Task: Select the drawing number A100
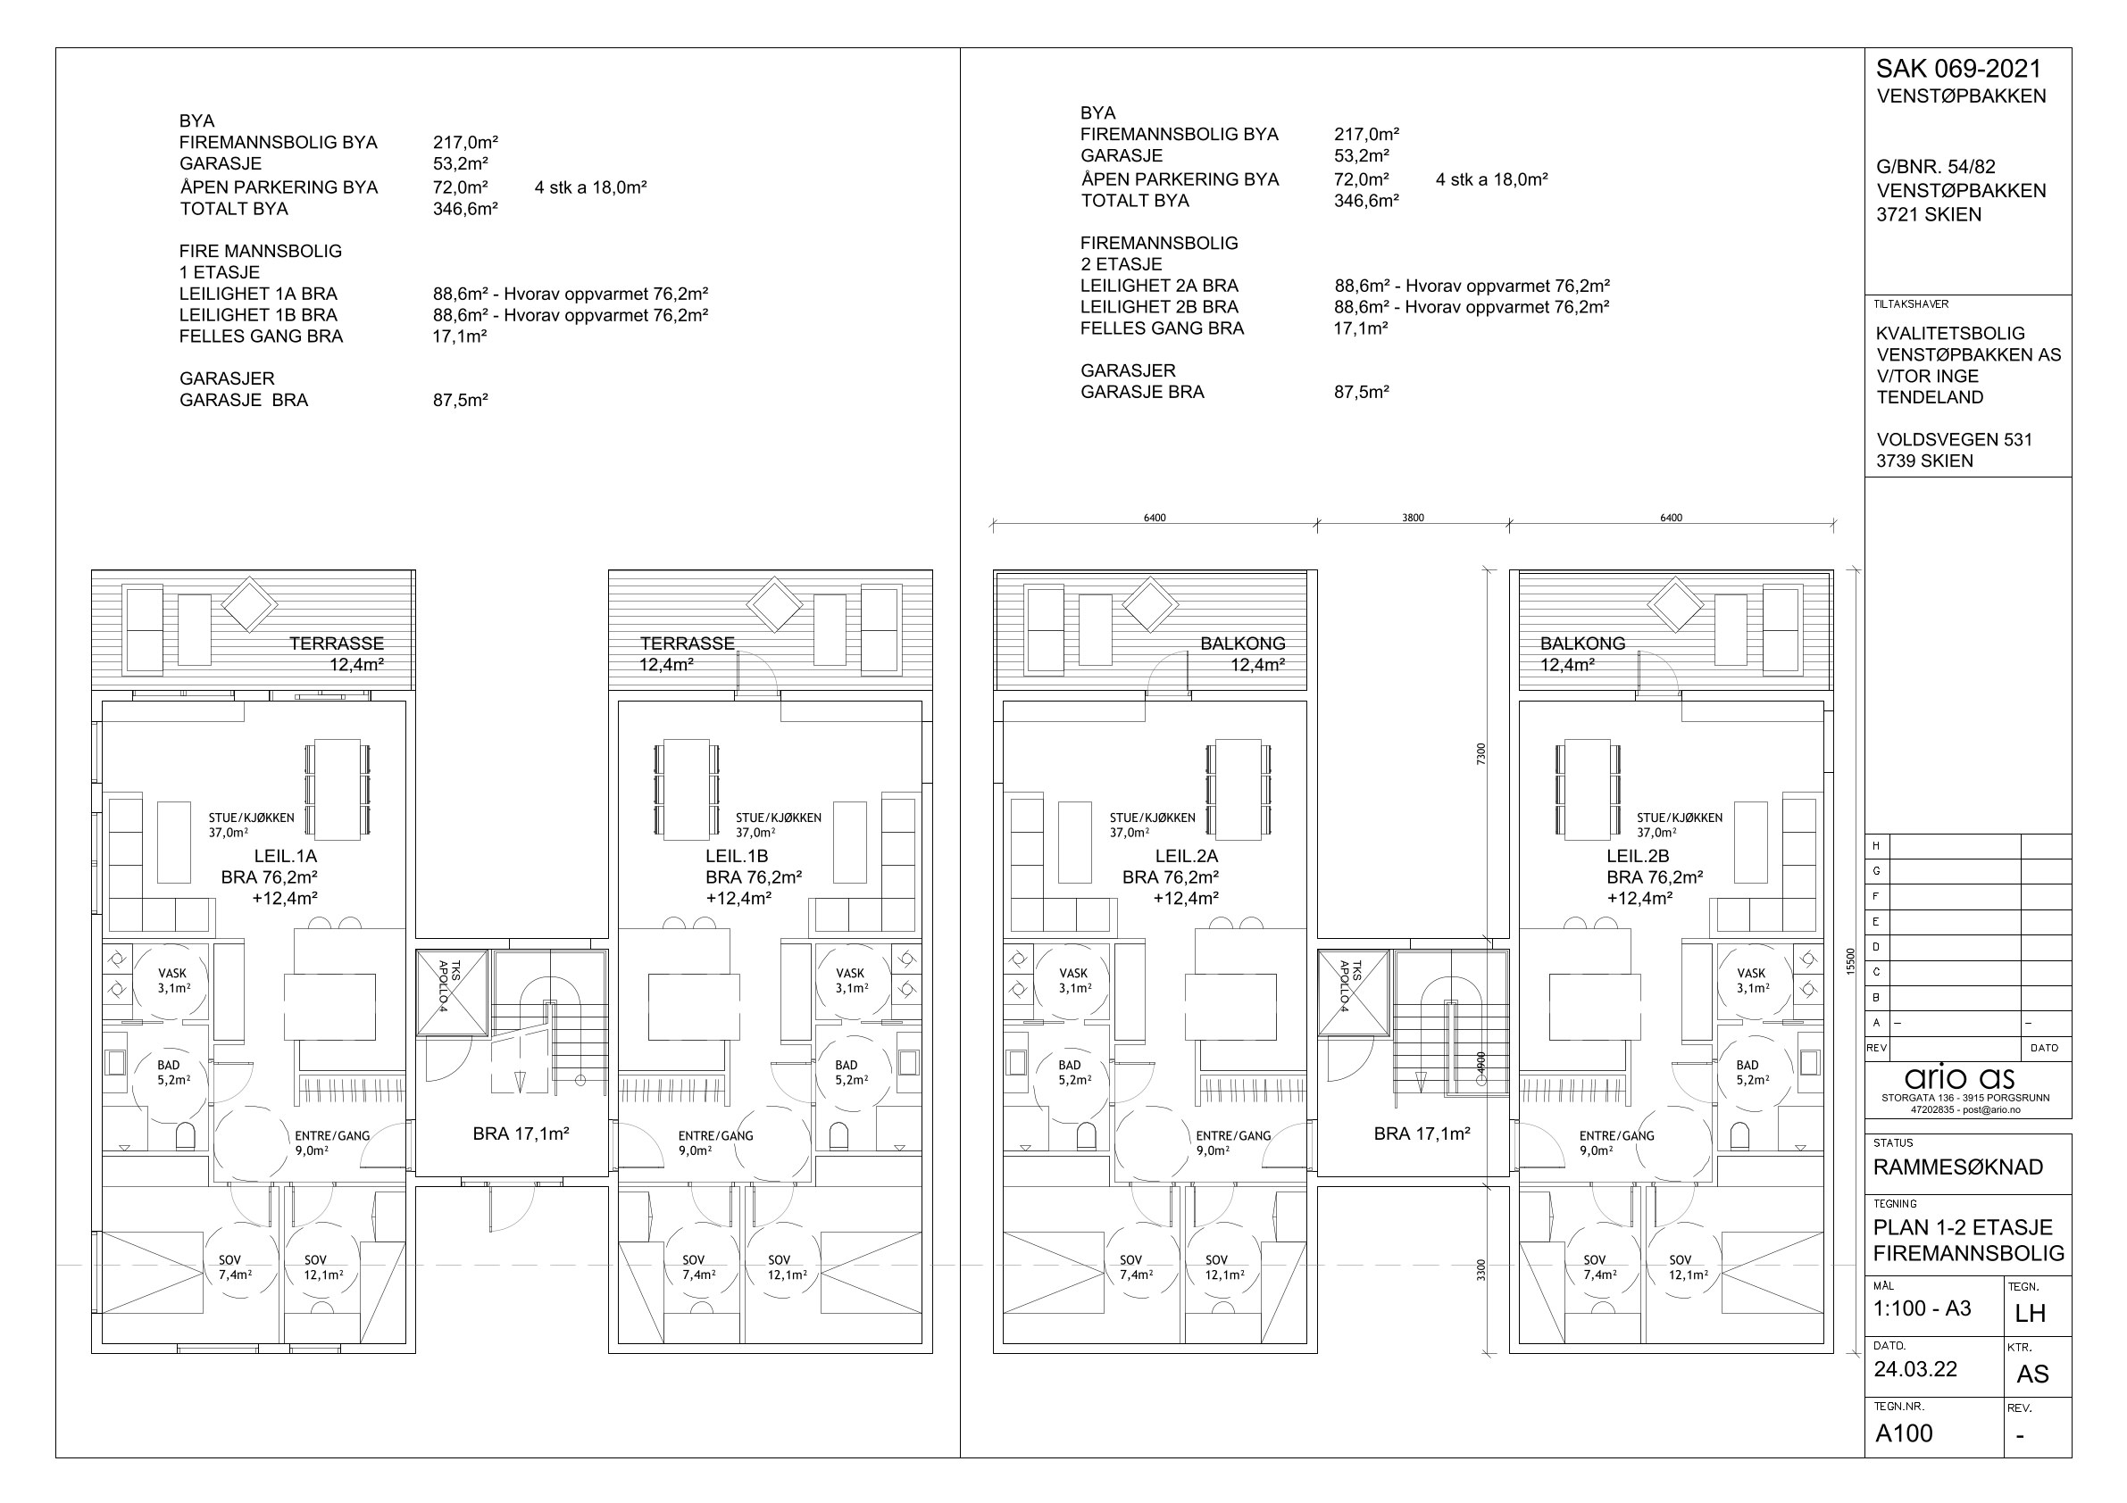coord(1904,1432)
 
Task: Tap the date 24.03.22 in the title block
coord(1914,1369)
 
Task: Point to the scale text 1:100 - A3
coord(1923,1308)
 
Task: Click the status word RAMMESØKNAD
coord(1957,1167)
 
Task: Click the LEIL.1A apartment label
coord(286,857)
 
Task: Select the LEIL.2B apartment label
coord(1638,857)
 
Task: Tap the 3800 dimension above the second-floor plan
coord(1413,518)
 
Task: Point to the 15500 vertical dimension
coord(1850,960)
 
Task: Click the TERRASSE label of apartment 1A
coord(337,643)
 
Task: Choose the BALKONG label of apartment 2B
coord(1582,643)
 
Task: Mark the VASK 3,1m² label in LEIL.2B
coord(1751,981)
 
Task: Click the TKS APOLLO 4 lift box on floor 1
coord(451,992)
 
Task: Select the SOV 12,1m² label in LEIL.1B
coord(787,1266)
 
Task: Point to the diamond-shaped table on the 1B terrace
coord(773,605)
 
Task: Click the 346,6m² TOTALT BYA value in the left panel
coord(465,208)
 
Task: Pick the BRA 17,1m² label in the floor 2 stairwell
coord(1422,1133)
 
